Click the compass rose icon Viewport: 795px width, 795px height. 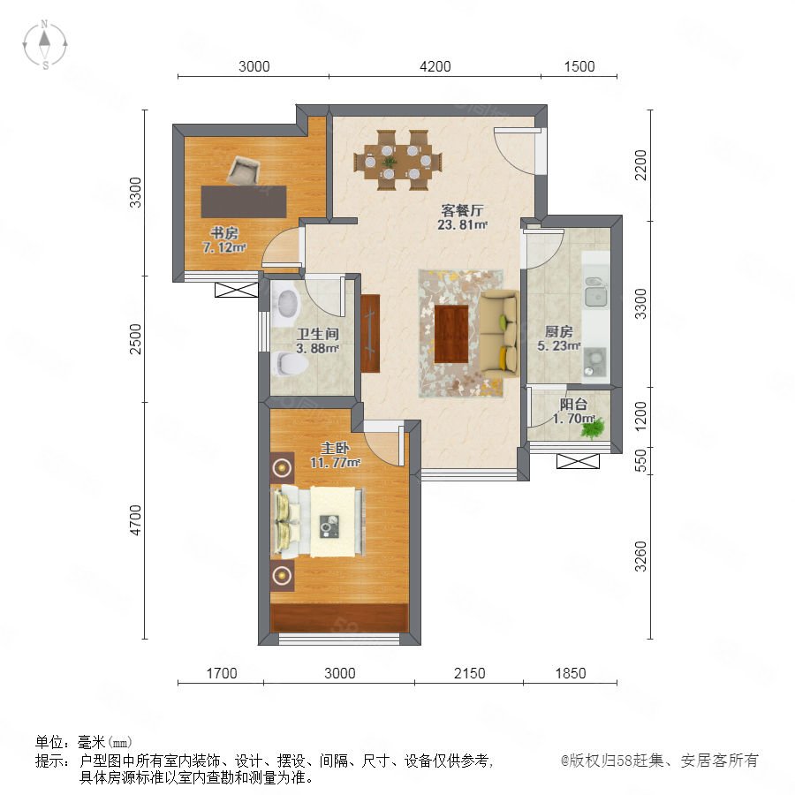tap(45, 45)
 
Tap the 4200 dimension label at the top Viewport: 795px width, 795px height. tap(435, 66)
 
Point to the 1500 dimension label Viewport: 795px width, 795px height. tap(579, 66)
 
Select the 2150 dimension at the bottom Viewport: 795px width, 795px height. tap(470, 673)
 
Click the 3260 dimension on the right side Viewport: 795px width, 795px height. tap(641, 556)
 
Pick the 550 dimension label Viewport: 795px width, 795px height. tap(641, 460)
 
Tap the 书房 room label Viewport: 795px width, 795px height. tap(224, 233)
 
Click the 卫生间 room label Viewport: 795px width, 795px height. tap(317, 334)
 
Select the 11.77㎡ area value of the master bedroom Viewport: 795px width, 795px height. tap(335, 462)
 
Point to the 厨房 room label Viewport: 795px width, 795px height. tap(558, 331)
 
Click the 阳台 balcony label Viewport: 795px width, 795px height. tap(573, 404)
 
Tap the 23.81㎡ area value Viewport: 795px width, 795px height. tap(462, 224)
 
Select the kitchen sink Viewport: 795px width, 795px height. tap(596, 292)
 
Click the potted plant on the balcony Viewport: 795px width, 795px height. tap(593, 428)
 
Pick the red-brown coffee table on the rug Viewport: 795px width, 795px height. tap(451, 334)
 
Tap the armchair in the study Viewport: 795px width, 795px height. tap(243, 170)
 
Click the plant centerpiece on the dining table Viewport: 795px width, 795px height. tap(390, 163)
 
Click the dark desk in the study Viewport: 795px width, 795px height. tap(244, 201)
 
